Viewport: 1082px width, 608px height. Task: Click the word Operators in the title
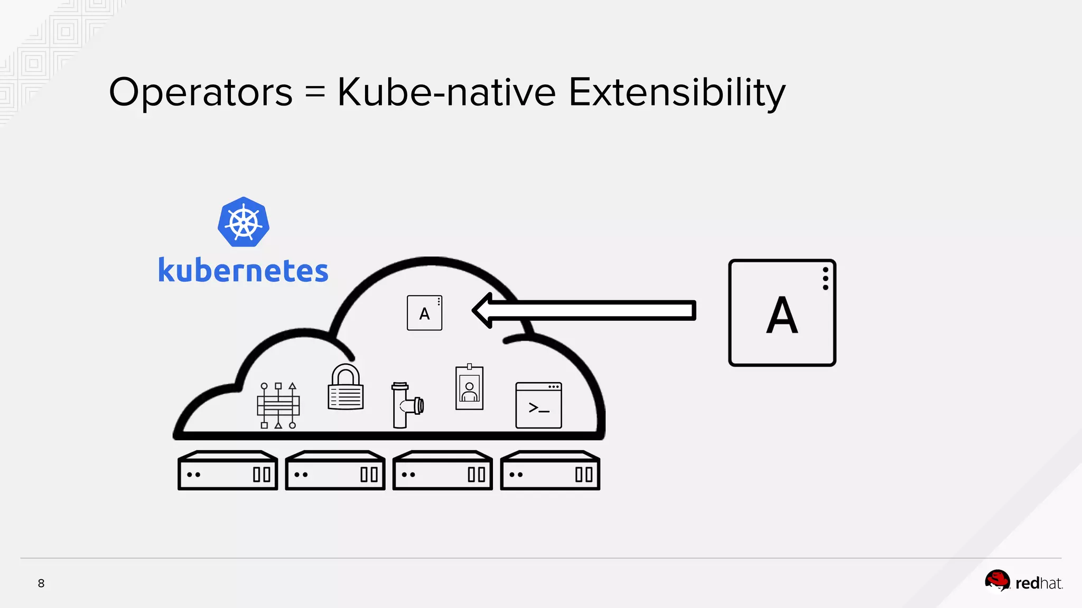tap(200, 92)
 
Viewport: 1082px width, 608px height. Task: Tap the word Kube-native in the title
tap(446, 92)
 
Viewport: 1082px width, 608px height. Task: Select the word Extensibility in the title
tap(677, 92)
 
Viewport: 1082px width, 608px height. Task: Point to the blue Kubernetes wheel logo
tap(244, 222)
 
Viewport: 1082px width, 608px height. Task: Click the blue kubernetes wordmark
tap(243, 271)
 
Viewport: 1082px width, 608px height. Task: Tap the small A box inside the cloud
tap(424, 313)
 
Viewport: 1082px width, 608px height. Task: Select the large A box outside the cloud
tap(782, 313)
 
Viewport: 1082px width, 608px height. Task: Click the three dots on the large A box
tap(825, 279)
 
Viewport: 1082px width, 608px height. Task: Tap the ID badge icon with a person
tap(469, 388)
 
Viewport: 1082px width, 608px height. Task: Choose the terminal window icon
tap(538, 405)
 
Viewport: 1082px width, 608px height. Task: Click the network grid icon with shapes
tap(278, 405)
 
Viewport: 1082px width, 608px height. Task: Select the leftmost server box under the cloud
tap(228, 470)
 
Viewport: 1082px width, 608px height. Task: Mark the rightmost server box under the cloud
tap(550, 470)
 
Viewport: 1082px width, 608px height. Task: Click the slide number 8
tap(41, 583)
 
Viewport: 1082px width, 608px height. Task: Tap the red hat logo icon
tap(997, 582)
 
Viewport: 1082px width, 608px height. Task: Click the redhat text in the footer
tap(1039, 583)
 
